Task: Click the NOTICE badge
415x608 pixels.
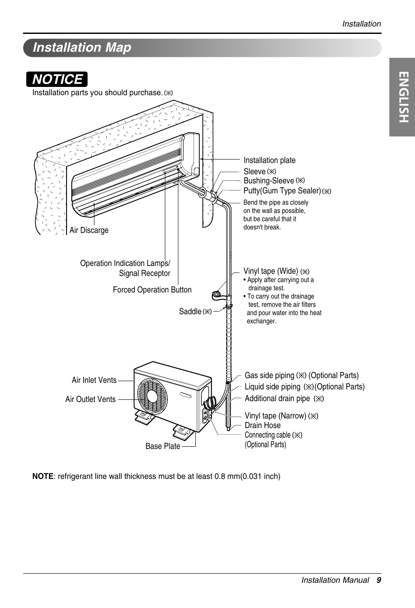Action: coord(57,79)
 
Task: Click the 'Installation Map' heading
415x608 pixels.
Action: coord(82,47)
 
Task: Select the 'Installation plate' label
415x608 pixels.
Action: coord(269,160)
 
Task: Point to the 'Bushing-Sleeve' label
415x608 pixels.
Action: coord(269,181)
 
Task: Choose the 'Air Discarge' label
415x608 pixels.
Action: coord(89,230)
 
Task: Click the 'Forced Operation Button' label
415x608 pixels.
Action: coord(152,290)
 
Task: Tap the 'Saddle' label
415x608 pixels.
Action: coord(191,312)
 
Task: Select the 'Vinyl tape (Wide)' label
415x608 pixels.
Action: coord(271,271)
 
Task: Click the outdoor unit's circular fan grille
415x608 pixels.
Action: coord(152,395)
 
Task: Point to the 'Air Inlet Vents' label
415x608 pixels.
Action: coord(94,380)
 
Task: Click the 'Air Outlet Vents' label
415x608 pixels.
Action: coord(90,399)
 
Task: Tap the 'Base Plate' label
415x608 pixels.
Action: coord(163,446)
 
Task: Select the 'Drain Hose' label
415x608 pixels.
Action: coord(262,425)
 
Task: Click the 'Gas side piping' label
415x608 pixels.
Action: coord(270,375)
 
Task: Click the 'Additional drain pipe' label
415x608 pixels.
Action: coord(278,399)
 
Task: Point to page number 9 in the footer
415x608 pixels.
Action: coord(379,580)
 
